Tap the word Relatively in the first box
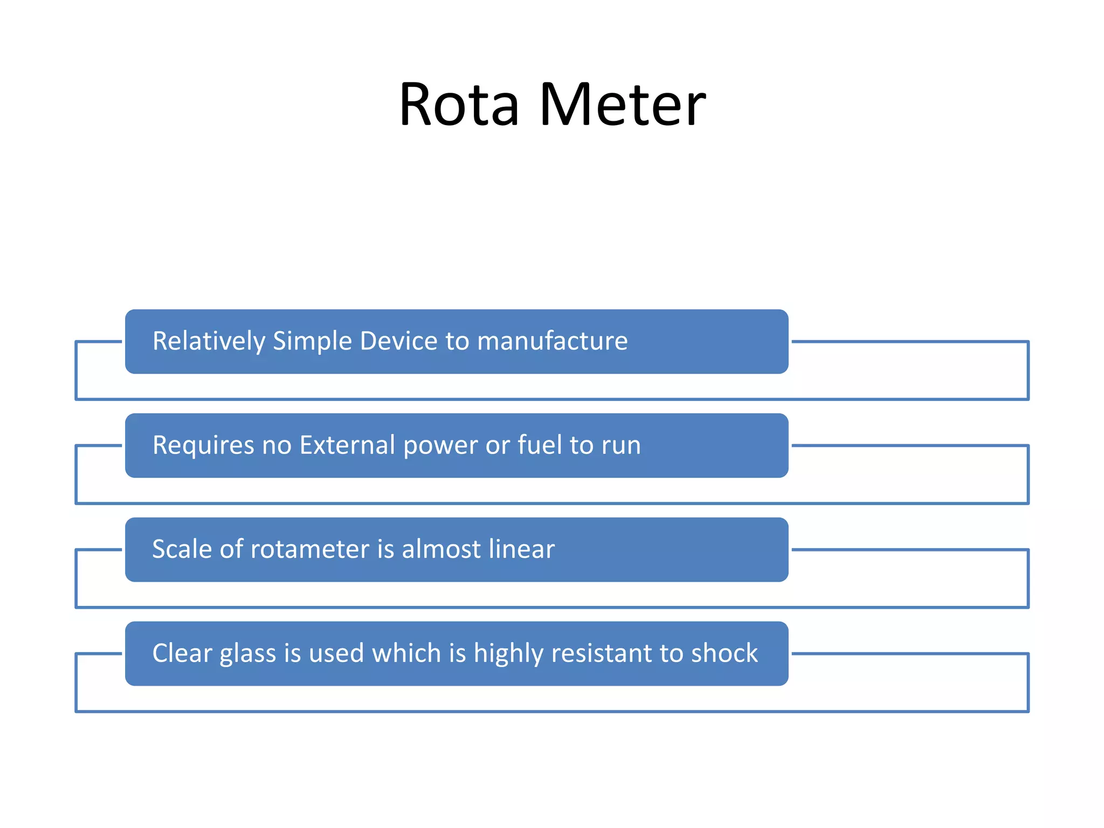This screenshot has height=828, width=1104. pyautogui.click(x=209, y=341)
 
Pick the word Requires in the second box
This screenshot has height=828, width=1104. pyautogui.click(x=203, y=445)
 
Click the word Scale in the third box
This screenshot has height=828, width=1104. pyautogui.click(x=182, y=549)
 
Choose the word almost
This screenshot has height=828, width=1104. pyautogui.click(x=441, y=549)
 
